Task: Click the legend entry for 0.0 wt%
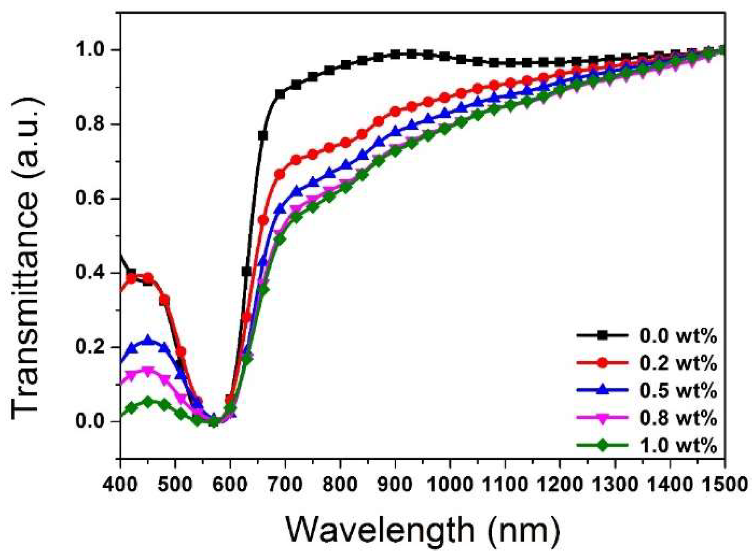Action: coord(678,336)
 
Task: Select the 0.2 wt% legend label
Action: coord(678,363)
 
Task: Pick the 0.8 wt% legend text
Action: coord(678,418)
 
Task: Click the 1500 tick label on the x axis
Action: coord(725,484)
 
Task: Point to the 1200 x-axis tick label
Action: coord(560,484)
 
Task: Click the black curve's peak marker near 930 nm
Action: coord(411,54)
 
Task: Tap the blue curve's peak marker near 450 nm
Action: coord(148,340)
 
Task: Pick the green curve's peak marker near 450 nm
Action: coord(148,401)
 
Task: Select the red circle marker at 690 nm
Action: coord(279,174)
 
